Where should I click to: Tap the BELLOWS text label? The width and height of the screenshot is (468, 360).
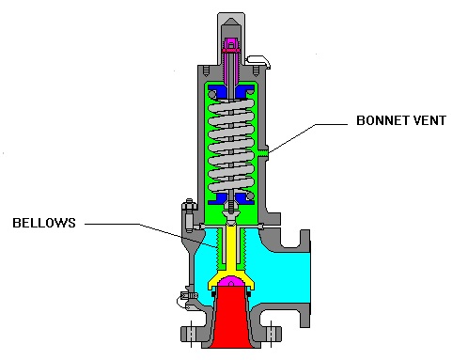coord(44,223)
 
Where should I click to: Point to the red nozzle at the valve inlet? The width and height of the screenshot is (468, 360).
coord(230,320)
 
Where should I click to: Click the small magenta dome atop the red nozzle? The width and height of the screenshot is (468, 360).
coord(230,283)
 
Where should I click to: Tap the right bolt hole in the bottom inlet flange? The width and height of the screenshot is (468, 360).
coord(271,333)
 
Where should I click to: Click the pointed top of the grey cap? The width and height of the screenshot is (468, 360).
coord(230,16)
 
